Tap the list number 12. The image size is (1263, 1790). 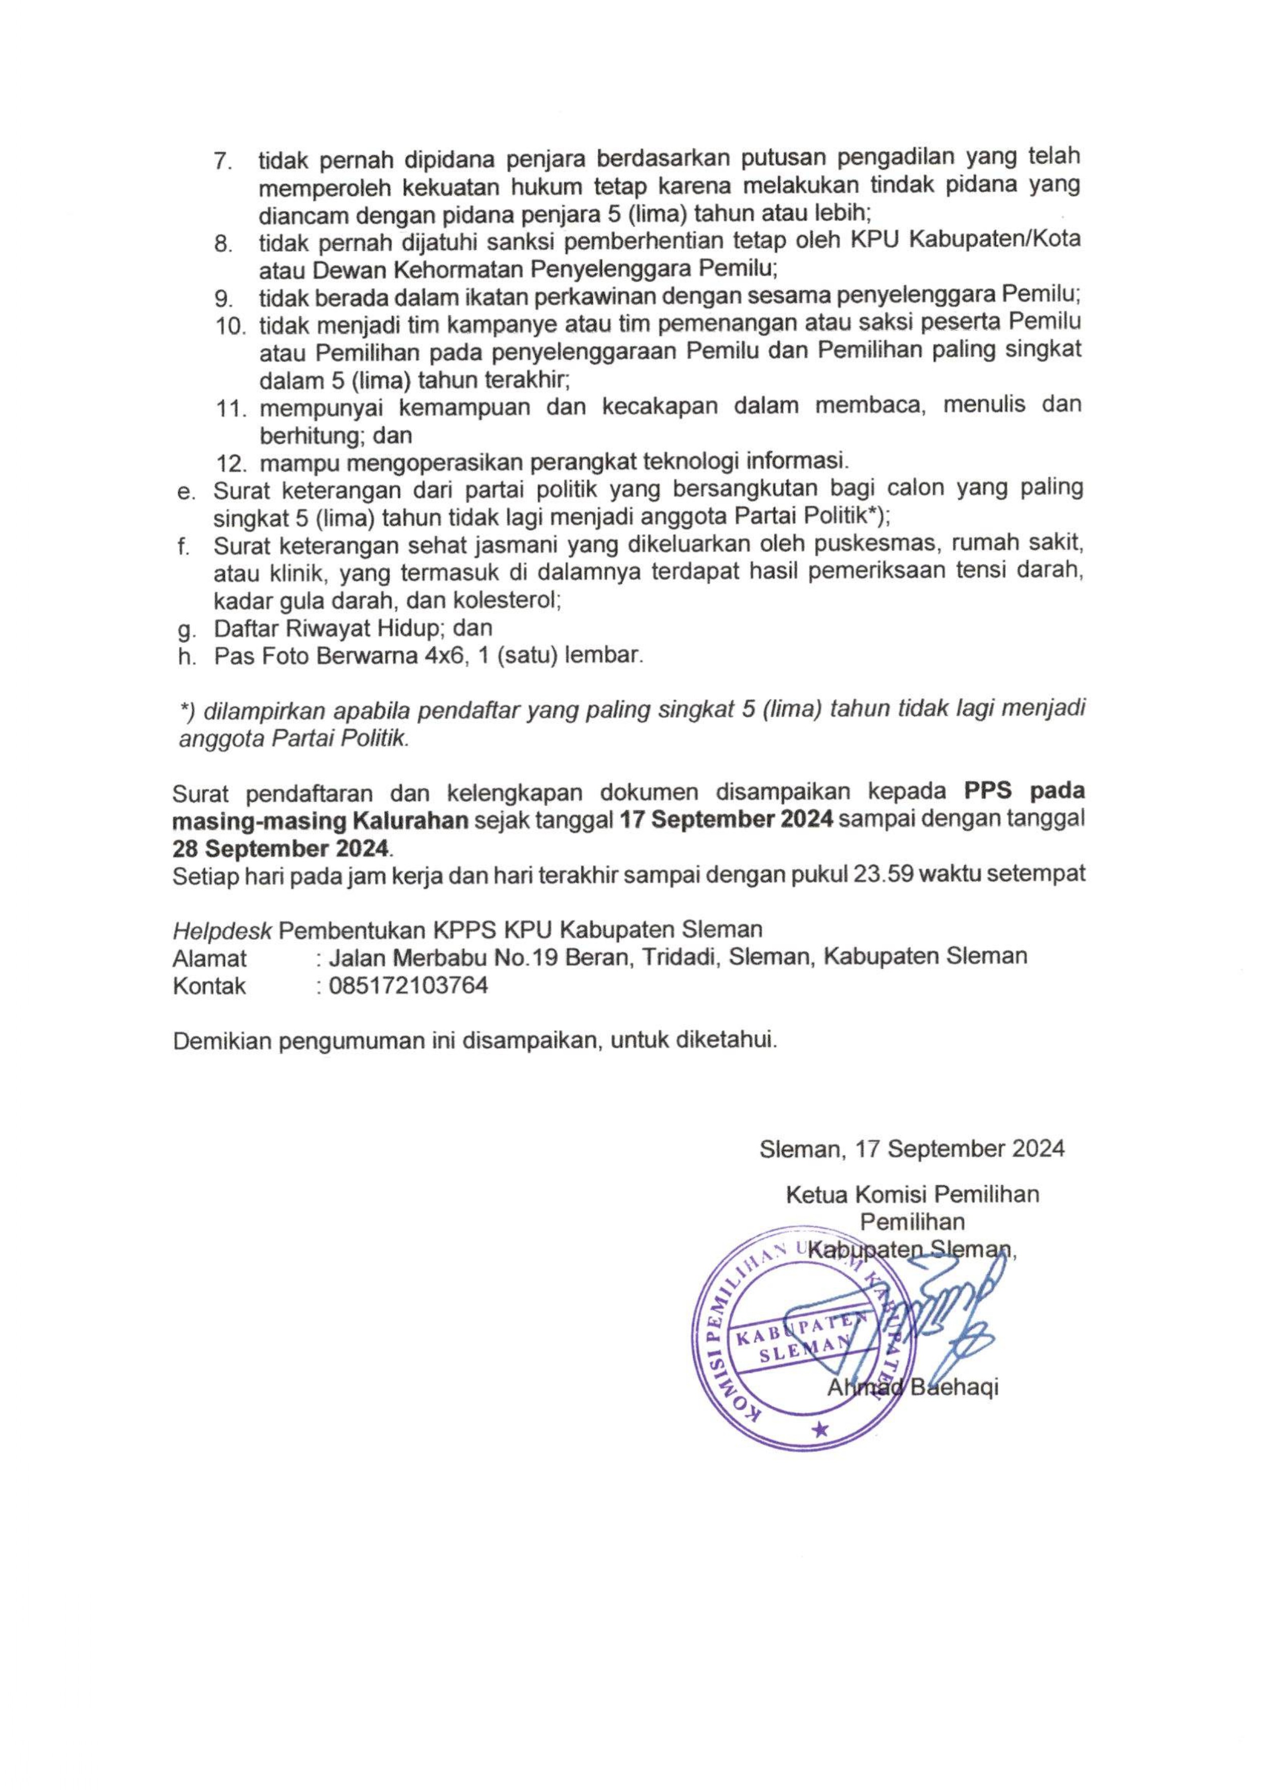[x=231, y=463]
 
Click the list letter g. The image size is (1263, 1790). [x=185, y=629]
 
